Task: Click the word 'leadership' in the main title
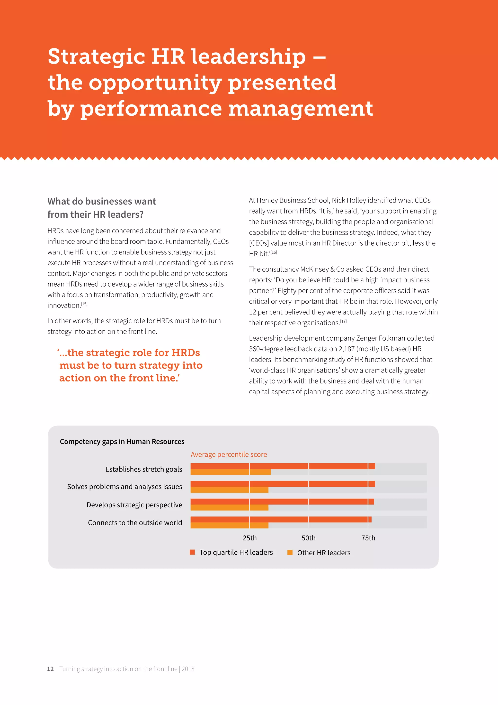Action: click(248, 57)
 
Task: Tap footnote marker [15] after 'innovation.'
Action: click(84, 304)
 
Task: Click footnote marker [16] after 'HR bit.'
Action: click(274, 252)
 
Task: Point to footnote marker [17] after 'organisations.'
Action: click(343, 321)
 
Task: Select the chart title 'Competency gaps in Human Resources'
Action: click(122, 442)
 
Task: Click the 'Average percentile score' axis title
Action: click(229, 455)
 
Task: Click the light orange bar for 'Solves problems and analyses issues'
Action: click(229, 490)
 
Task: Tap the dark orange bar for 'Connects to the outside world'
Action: click(281, 519)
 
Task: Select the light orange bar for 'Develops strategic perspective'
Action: click(229, 508)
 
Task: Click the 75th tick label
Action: click(368, 538)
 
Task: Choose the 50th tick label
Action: click(309, 538)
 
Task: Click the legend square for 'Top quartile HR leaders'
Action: click(192, 552)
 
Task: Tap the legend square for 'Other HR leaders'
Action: click(290, 552)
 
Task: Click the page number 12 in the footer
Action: click(50, 669)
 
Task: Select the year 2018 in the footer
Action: click(188, 669)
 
